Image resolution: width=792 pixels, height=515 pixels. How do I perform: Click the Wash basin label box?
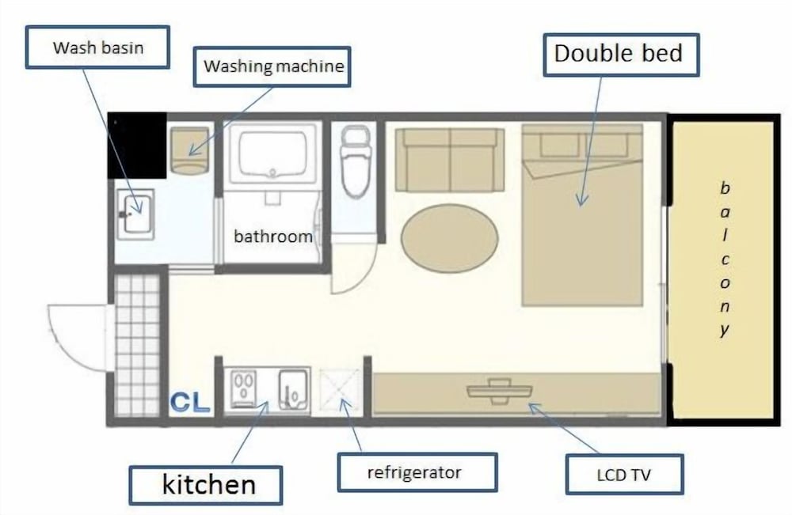pos(97,47)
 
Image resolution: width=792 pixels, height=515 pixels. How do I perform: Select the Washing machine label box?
pos(272,66)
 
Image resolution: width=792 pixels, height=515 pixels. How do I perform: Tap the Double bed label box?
pos(621,55)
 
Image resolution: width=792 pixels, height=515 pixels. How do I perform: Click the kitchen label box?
pos(206,485)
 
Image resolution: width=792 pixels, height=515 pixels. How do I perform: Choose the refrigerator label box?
pos(417,472)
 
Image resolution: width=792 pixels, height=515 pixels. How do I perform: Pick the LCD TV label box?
pos(624,474)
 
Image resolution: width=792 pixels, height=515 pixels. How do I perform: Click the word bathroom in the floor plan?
pos(272,236)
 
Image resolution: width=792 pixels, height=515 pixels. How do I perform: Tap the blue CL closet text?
pos(190,402)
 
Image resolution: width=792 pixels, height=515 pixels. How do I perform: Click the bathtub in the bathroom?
pos(272,153)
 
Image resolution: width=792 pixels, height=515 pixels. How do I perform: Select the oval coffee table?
pos(450,238)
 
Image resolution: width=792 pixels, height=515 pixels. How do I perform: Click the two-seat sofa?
pos(450,160)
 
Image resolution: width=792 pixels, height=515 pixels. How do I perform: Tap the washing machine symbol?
pos(189,151)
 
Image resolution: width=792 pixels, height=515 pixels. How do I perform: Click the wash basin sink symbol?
pos(135,214)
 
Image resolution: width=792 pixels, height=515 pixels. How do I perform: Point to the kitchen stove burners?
pos(245,388)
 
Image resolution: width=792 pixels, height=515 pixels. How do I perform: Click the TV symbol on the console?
pos(499,391)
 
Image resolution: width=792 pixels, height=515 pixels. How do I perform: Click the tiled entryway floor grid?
pos(137,345)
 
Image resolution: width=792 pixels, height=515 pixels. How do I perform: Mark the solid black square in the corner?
pos(137,146)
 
